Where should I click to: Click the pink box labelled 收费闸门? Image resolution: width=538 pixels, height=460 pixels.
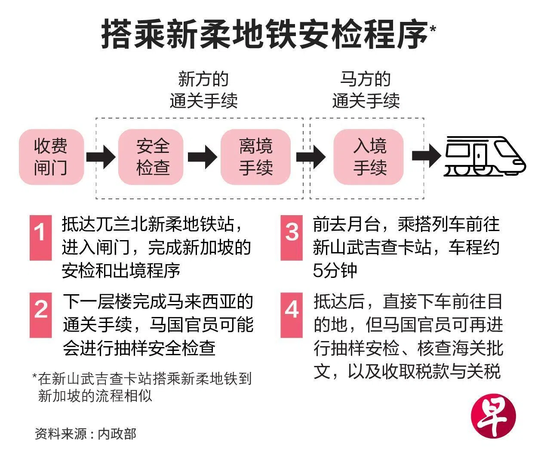pyautogui.click(x=51, y=157)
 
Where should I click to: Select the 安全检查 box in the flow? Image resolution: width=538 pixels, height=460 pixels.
pyautogui.click(x=151, y=157)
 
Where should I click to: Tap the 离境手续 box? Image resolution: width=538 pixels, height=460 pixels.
pyautogui.click(x=255, y=157)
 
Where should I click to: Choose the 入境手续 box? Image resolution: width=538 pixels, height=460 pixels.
pyautogui.click(x=368, y=157)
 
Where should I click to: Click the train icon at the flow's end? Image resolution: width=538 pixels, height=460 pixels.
pyautogui.click(x=484, y=156)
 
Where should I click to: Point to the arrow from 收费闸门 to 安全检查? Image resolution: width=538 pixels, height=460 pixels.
pyautogui.click(x=101, y=157)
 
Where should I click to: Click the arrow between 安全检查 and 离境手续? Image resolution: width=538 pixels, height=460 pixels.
pyautogui.click(x=203, y=157)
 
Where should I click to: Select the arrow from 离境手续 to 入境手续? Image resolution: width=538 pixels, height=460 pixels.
pyautogui.click(x=311, y=157)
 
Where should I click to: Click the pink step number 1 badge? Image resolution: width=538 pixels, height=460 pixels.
pyautogui.click(x=40, y=238)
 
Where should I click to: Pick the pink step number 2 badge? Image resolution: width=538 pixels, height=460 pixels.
pyautogui.click(x=40, y=315)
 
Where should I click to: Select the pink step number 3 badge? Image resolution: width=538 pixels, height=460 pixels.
pyautogui.click(x=292, y=238)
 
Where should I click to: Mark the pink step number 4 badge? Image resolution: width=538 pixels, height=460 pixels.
pyautogui.click(x=292, y=315)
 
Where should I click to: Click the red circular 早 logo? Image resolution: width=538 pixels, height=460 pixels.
pyautogui.click(x=494, y=416)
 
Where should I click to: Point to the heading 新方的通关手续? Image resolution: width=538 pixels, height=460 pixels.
pyautogui.click(x=203, y=90)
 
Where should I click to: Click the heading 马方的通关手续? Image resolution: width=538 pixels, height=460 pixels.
pyautogui.click(x=366, y=90)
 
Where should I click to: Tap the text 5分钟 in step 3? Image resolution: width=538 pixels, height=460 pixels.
pyautogui.click(x=335, y=271)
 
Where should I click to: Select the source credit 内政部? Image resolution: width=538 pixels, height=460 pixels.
pyautogui.click(x=117, y=434)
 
